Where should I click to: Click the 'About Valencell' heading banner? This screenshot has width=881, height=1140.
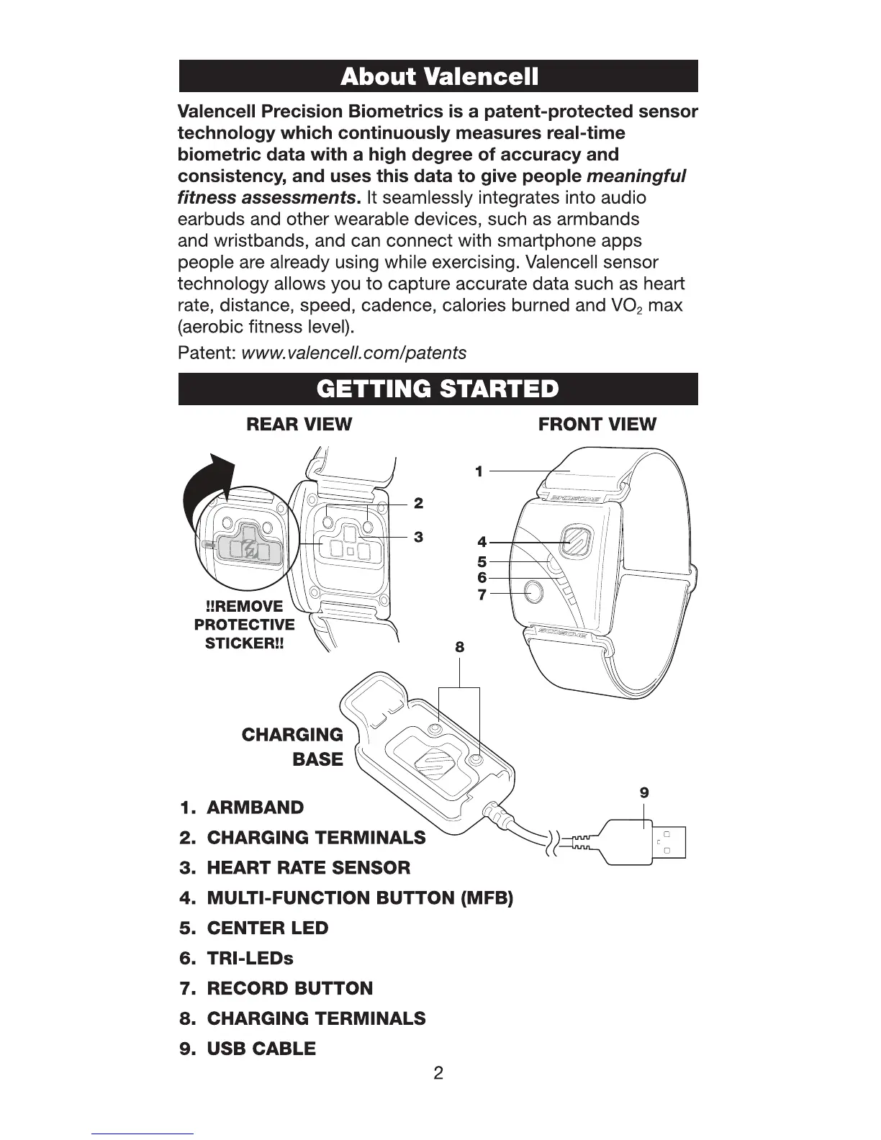click(438, 76)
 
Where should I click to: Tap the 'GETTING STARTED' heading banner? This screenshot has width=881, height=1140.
click(438, 389)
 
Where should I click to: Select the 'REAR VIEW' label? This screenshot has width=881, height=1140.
click(299, 424)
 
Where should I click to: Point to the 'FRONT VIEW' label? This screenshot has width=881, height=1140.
click(597, 424)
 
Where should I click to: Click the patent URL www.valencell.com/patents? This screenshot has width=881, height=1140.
click(353, 353)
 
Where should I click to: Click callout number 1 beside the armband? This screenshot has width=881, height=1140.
click(479, 471)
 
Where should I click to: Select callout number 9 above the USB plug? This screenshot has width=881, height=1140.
click(644, 792)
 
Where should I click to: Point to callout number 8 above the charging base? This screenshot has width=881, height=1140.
click(459, 647)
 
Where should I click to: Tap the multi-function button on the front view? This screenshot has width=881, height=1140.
click(576, 541)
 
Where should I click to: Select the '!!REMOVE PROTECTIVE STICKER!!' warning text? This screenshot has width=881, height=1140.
click(245, 625)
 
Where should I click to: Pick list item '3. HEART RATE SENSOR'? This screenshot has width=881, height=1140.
click(295, 868)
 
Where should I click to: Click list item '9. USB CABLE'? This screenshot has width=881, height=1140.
click(248, 1049)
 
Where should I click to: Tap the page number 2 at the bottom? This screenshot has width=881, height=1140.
click(438, 1074)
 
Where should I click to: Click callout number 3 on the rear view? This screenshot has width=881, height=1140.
click(417, 537)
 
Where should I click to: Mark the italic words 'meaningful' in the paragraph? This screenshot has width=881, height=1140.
click(636, 176)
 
